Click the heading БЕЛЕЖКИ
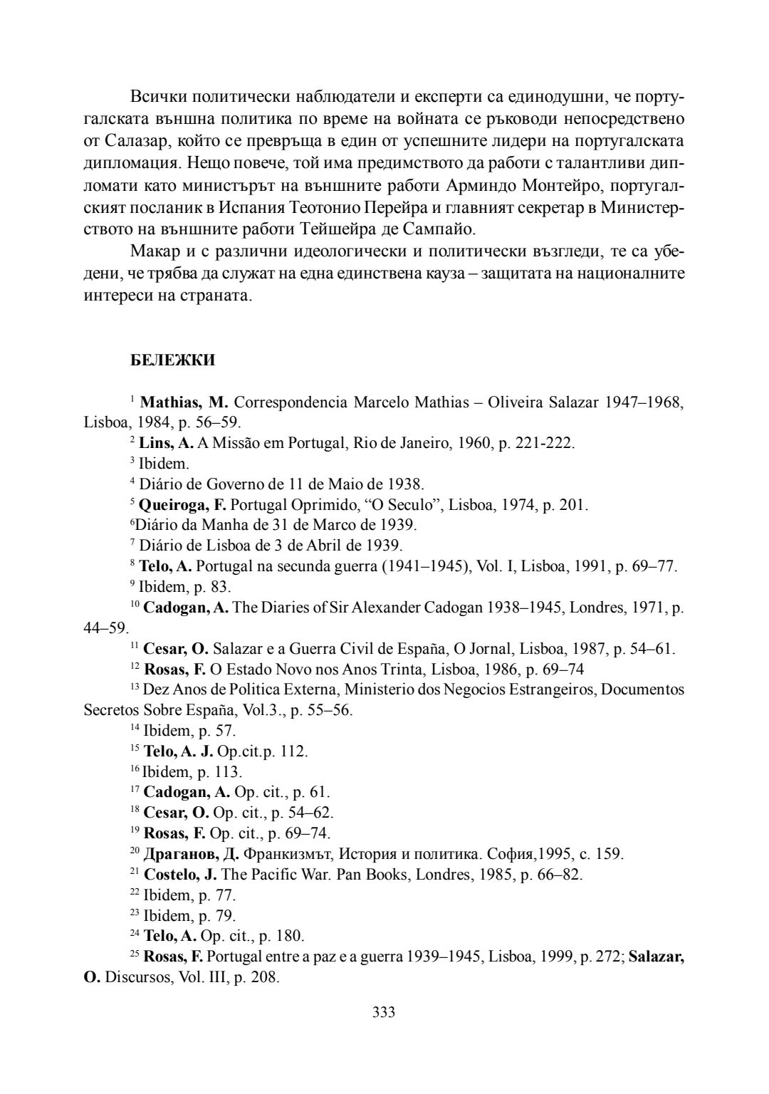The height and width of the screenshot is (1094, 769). (173, 360)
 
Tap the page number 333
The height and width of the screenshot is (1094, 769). (384, 1012)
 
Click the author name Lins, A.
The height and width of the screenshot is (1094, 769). (166, 443)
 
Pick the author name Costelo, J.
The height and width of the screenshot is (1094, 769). (181, 874)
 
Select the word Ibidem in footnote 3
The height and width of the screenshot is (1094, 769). (164, 464)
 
